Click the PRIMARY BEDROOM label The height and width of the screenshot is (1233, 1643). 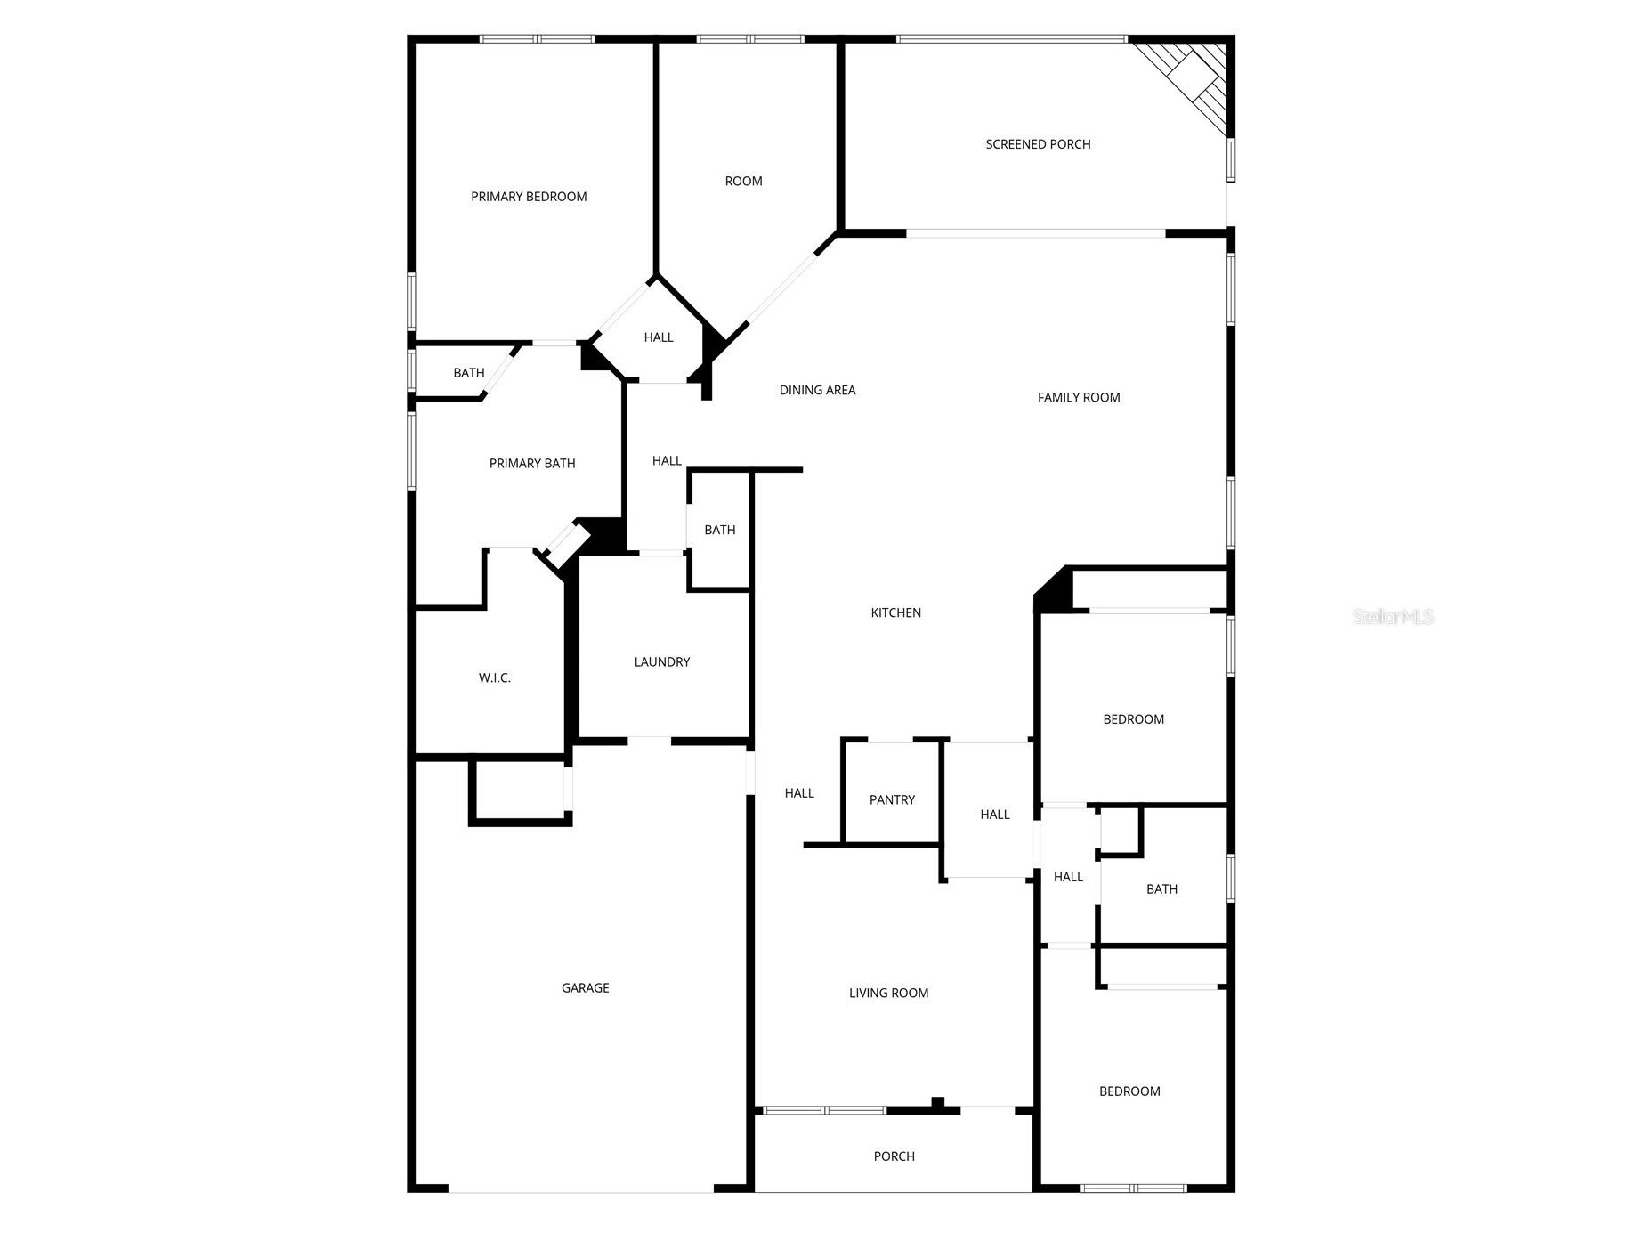pos(529,197)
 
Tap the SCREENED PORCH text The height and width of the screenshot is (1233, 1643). pos(1038,144)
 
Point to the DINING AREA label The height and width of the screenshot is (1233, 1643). pos(817,390)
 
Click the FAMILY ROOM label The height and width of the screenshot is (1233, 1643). pos(1079,398)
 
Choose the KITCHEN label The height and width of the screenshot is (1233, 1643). pos(895,612)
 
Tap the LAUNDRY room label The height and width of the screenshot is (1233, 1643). pos(661,661)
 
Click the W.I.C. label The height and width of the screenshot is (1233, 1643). pos(495,678)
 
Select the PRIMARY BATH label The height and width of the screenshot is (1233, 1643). pos(532,463)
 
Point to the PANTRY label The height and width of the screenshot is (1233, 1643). pos(892,800)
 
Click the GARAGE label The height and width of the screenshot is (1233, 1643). pos(585,987)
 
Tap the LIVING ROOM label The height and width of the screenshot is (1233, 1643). pos(888,993)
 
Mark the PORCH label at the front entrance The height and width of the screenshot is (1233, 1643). pos(894,1156)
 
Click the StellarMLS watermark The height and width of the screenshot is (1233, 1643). pos(1393,616)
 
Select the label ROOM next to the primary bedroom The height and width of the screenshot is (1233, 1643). pos(743,182)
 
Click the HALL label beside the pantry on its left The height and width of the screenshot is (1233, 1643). pos(799,793)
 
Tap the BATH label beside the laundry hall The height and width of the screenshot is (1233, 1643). pos(719,530)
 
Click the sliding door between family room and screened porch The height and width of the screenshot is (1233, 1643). pos(1036,233)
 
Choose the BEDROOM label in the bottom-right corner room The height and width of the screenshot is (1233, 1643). pos(1129,1091)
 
